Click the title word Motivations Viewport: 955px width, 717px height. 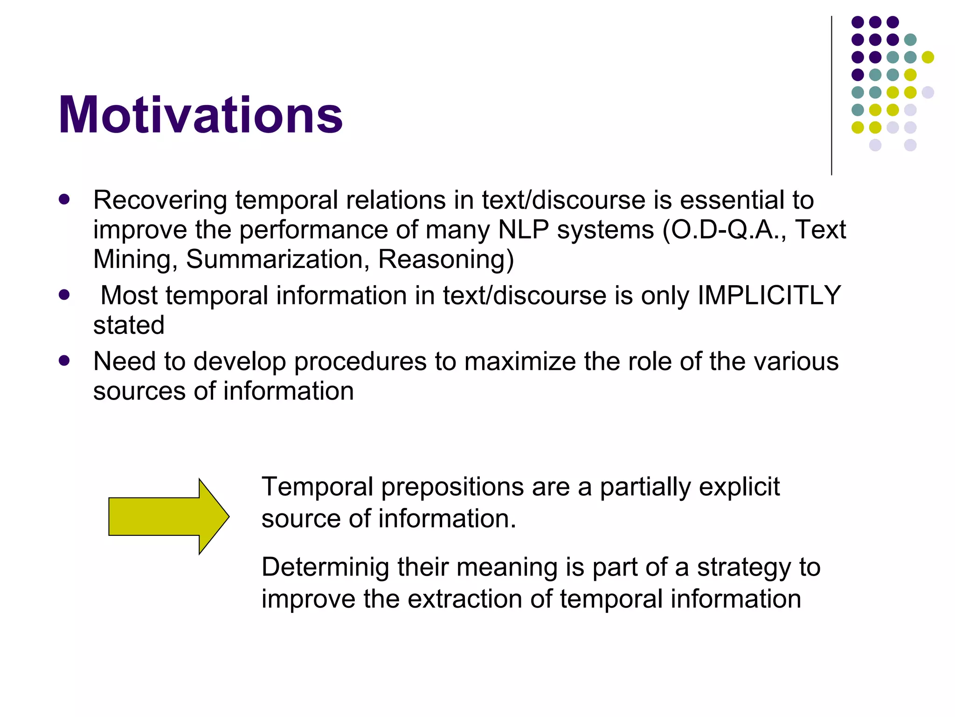pos(201,115)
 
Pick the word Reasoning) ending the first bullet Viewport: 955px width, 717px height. pos(445,259)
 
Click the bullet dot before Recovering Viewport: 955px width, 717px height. pos(64,200)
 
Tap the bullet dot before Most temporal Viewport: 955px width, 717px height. pos(64,295)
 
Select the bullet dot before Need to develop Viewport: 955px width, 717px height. pos(64,361)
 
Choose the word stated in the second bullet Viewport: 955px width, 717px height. pos(129,325)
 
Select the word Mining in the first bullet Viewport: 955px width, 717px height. pos(135,259)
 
